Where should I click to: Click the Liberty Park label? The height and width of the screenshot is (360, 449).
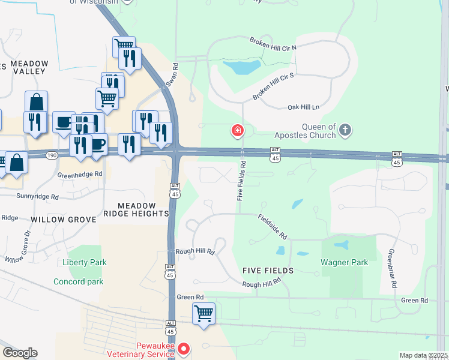[84, 263]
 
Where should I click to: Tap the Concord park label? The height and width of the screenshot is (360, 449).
[78, 281]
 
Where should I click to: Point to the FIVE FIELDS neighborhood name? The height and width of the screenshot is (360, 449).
[268, 271]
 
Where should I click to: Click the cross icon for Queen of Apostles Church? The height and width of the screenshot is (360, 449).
[345, 130]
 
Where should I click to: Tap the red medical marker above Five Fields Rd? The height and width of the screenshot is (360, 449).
[238, 130]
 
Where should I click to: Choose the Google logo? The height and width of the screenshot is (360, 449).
[20, 352]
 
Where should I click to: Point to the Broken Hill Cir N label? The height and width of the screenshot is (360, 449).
[274, 43]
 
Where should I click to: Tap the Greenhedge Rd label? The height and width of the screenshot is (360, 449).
[80, 175]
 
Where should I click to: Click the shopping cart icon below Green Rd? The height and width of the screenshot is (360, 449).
[204, 313]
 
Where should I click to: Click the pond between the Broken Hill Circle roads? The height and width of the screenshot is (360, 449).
[241, 67]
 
